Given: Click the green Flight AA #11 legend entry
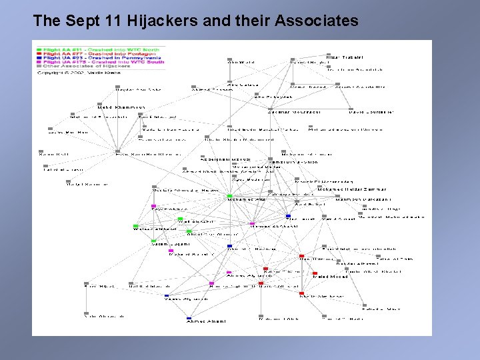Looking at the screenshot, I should (100, 49).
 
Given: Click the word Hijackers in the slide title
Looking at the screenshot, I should (176, 21).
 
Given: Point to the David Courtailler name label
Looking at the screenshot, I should (371, 111).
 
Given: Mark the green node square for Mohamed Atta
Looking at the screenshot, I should (229, 195).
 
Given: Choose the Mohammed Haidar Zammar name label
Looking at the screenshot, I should (351, 189).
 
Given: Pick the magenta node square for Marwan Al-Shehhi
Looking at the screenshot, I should (252, 223).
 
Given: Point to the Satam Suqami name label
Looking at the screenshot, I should (171, 244).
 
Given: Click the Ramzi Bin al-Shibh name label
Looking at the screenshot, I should (293, 162).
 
